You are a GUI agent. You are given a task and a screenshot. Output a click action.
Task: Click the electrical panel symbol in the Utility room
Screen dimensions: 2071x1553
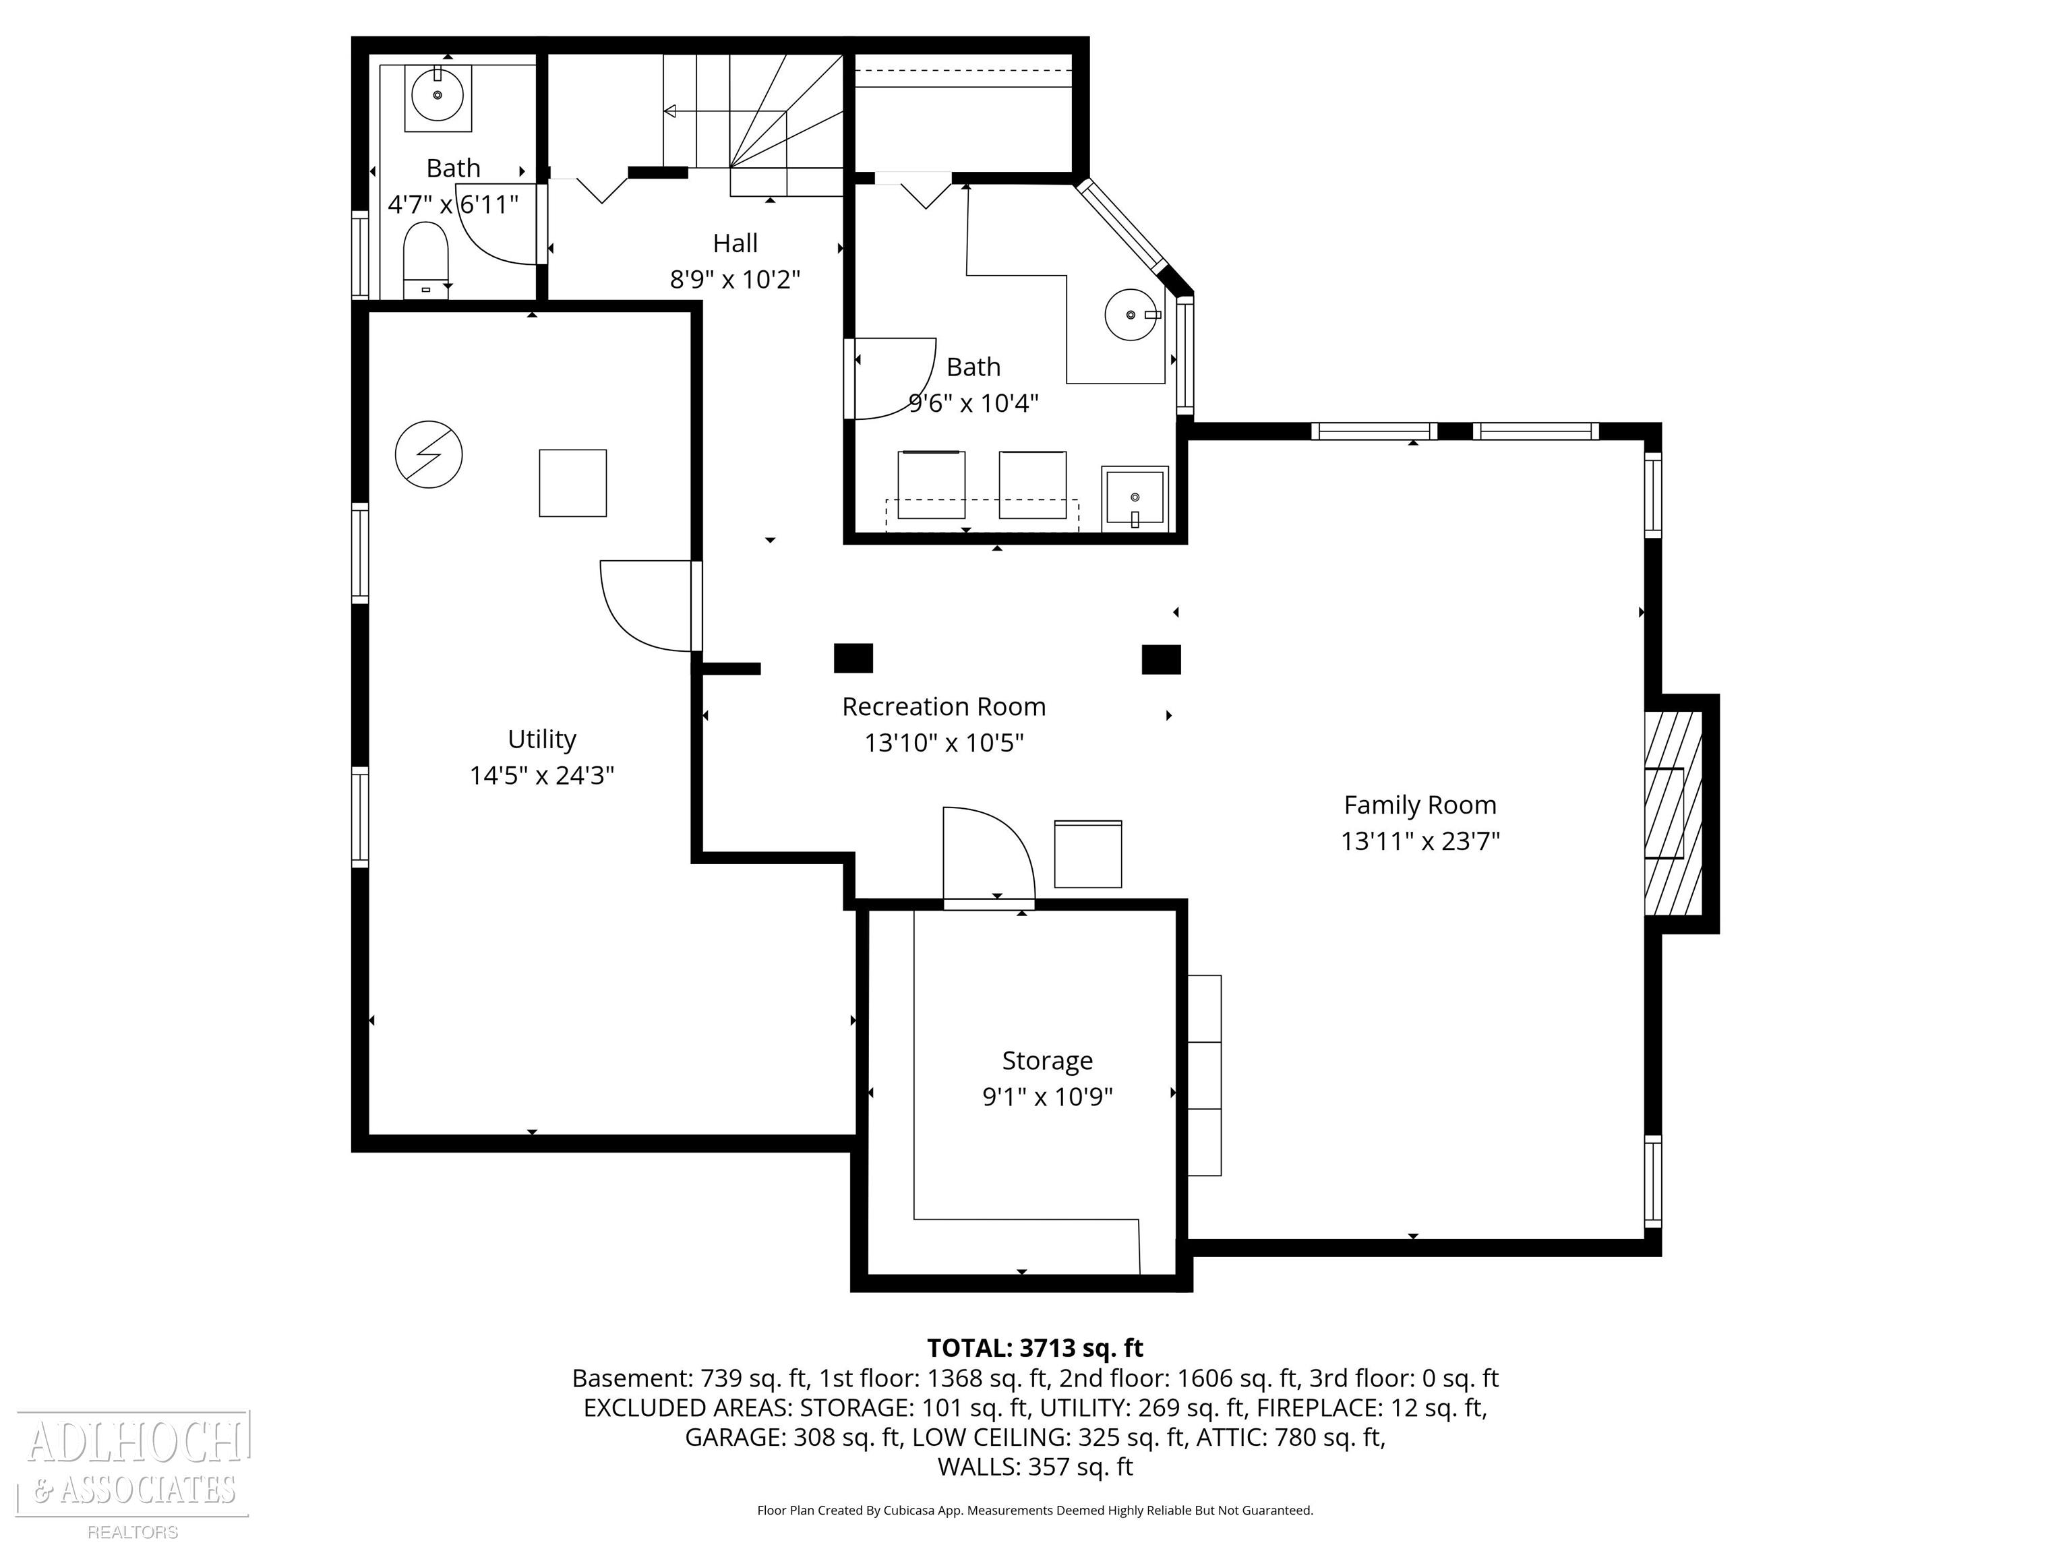pyautogui.click(x=429, y=455)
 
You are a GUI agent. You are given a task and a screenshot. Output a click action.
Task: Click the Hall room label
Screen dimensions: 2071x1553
pyautogui.click(x=735, y=243)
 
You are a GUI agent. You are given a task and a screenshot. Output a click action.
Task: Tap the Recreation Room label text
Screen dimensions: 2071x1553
pyautogui.click(x=944, y=707)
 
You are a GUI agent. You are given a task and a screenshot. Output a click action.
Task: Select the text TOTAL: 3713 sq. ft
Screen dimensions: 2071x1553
pyautogui.click(x=1035, y=1348)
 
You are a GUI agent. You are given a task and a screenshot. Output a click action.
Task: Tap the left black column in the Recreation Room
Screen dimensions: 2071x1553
pyautogui.click(x=853, y=658)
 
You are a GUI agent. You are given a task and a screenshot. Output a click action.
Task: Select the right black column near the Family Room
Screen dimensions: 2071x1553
pyautogui.click(x=1161, y=660)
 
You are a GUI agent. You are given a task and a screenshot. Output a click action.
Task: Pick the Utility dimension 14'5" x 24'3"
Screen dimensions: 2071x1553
pyautogui.click(x=542, y=776)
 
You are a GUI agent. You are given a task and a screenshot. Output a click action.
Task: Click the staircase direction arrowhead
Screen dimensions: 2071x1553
pyautogui.click(x=669, y=111)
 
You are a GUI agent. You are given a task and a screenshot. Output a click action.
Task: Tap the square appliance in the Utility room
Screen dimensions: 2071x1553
pyautogui.click(x=573, y=483)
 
